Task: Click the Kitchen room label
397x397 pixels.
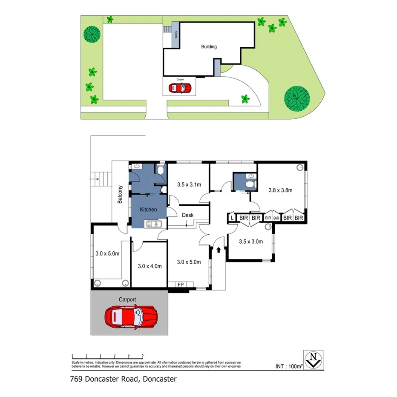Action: point(148,210)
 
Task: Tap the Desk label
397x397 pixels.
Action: point(188,215)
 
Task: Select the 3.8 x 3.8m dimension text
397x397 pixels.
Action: point(280,190)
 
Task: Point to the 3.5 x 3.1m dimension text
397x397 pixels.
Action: point(189,184)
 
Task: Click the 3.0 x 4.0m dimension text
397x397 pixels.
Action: point(150,266)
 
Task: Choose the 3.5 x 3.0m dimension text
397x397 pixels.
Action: point(250,242)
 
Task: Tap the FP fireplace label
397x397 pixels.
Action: point(180,285)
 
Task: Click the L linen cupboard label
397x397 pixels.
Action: point(232,218)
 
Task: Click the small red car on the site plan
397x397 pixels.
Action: point(180,88)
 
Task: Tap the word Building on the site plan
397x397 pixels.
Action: point(209,47)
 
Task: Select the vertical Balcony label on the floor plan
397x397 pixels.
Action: point(121,194)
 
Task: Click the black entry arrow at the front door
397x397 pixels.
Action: point(219,250)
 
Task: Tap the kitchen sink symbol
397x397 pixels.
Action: point(153,224)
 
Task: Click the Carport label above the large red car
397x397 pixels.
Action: point(127,300)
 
